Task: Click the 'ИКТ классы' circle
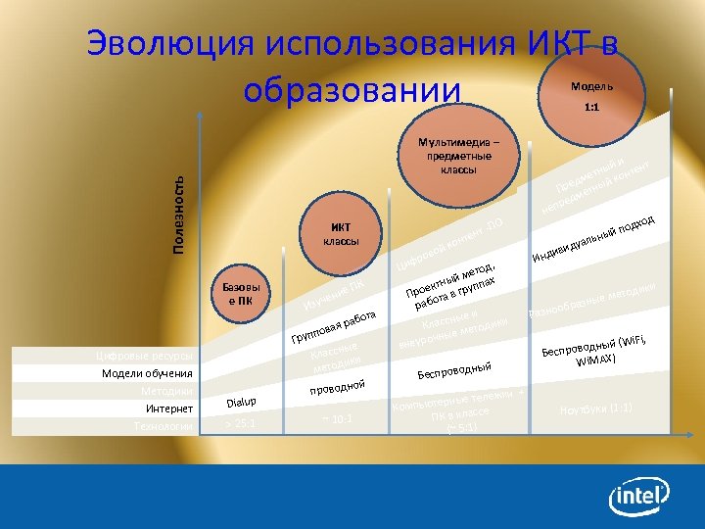(342, 234)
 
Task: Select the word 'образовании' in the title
(352, 90)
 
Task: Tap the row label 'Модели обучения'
(148, 373)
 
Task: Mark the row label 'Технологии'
(164, 426)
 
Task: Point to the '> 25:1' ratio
(241, 423)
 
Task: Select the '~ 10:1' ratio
(338, 419)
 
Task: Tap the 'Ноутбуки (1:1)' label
(595, 409)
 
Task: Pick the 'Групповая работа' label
(333, 327)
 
